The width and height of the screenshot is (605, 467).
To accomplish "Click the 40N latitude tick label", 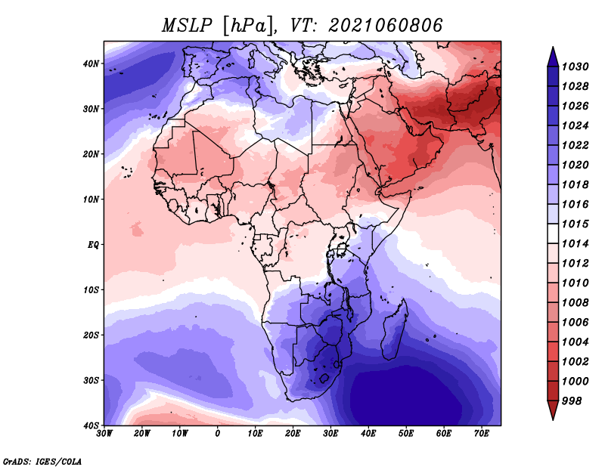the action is coord(91,63).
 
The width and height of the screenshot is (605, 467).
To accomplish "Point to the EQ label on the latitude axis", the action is coord(93,245).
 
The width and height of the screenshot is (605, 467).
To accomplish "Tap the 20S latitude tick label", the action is coord(91,335).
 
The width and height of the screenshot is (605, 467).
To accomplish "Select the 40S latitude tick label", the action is coord(91,425).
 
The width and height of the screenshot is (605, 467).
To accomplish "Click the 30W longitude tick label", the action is coord(104,434).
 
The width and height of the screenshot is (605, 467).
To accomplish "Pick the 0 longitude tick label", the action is coord(218,434).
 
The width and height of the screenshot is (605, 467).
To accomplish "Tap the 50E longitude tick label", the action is coord(406,434).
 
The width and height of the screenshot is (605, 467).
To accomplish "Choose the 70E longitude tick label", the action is coord(481,434).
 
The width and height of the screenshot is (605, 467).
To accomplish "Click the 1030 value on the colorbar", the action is coord(575,66).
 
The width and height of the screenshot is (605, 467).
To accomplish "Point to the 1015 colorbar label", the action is coord(575,224).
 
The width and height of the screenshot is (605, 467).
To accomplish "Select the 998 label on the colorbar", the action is coord(572,401).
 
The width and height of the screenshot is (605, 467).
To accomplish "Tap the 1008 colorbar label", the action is coord(575,303).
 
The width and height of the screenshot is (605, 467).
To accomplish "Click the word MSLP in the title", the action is coord(187,26).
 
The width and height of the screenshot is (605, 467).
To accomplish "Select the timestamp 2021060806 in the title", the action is coord(386,26).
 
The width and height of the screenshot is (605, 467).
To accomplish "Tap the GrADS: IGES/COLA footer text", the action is coord(42,461).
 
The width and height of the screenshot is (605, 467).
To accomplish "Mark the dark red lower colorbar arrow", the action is coord(553,410).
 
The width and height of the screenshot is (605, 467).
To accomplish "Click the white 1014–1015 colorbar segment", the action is coord(553,233).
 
